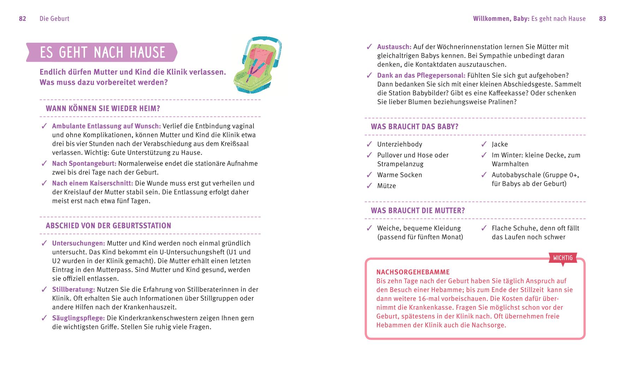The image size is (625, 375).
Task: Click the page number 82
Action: point(23,19)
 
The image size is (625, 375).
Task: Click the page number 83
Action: point(602,19)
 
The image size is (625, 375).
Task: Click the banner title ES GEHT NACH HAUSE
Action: point(102,52)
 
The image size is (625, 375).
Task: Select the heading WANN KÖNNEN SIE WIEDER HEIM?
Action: point(103,108)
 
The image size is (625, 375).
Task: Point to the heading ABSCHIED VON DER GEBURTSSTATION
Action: point(108,226)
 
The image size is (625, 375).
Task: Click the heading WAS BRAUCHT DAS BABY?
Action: point(414,126)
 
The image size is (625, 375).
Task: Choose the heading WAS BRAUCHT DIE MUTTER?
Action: point(417,210)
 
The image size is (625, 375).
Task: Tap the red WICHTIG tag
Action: point(563,258)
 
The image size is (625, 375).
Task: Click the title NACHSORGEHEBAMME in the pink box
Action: point(413,272)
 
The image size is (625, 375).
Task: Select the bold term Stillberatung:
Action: point(73,290)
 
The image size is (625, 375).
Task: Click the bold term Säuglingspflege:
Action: point(78,318)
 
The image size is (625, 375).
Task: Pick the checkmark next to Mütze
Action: point(369,186)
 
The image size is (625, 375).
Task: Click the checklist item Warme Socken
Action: point(399,175)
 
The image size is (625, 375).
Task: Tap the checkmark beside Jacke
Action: point(484,144)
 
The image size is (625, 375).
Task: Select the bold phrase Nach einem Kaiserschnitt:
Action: point(92,183)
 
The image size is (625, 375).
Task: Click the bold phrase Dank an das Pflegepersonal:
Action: point(421,76)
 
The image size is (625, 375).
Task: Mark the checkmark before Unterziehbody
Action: point(369,144)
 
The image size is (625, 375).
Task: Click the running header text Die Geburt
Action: point(54,19)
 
